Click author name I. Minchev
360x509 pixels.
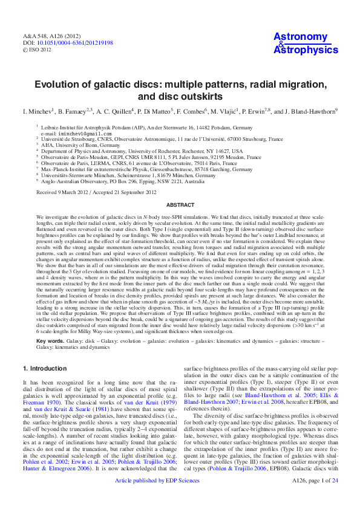tap(38, 111)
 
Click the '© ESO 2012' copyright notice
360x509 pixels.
tap(38, 50)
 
